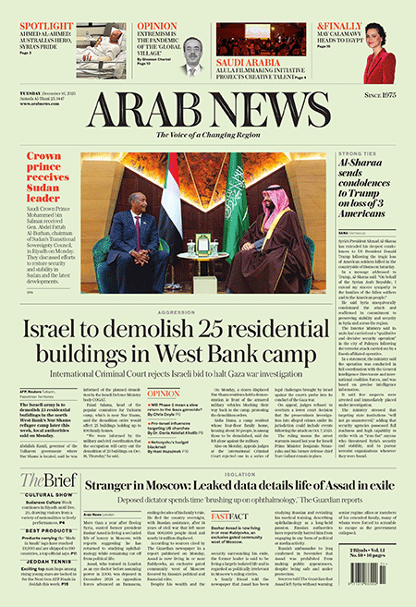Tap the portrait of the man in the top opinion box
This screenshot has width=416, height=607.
pyautogui.click(x=192, y=55)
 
